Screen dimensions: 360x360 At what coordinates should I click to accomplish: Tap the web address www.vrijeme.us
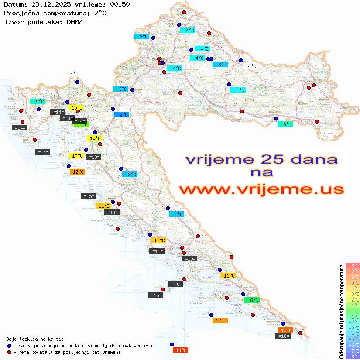point(261,189)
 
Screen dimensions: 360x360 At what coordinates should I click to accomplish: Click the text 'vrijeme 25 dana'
point(261,159)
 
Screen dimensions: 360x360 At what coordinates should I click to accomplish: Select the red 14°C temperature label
point(181,350)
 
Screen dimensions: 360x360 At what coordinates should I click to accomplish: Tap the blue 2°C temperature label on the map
point(121,115)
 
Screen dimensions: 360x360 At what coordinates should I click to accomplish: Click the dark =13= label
point(93,157)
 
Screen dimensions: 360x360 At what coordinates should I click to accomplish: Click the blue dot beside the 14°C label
point(171,344)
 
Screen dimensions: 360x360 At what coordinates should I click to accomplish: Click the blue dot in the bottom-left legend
point(9,346)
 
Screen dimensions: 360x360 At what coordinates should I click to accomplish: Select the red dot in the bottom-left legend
point(9,352)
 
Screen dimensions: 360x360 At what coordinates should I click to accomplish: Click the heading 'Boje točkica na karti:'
point(35,339)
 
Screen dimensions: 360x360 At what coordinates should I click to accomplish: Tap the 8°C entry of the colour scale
point(352,265)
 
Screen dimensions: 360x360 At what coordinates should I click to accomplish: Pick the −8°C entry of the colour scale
point(352,356)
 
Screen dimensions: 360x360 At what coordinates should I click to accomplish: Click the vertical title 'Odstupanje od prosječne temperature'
point(342,311)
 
